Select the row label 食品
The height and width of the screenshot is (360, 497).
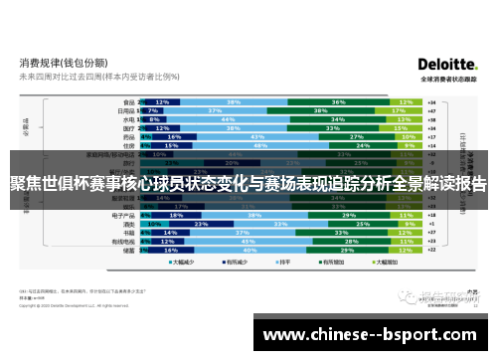(128, 101)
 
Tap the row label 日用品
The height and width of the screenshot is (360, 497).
(126, 110)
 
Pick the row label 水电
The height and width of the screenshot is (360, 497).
(128, 119)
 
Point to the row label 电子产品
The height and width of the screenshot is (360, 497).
(124, 215)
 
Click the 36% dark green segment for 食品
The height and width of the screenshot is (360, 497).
(339, 101)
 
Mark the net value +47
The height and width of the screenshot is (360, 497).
(430, 110)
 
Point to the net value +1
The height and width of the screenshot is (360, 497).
(430, 224)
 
